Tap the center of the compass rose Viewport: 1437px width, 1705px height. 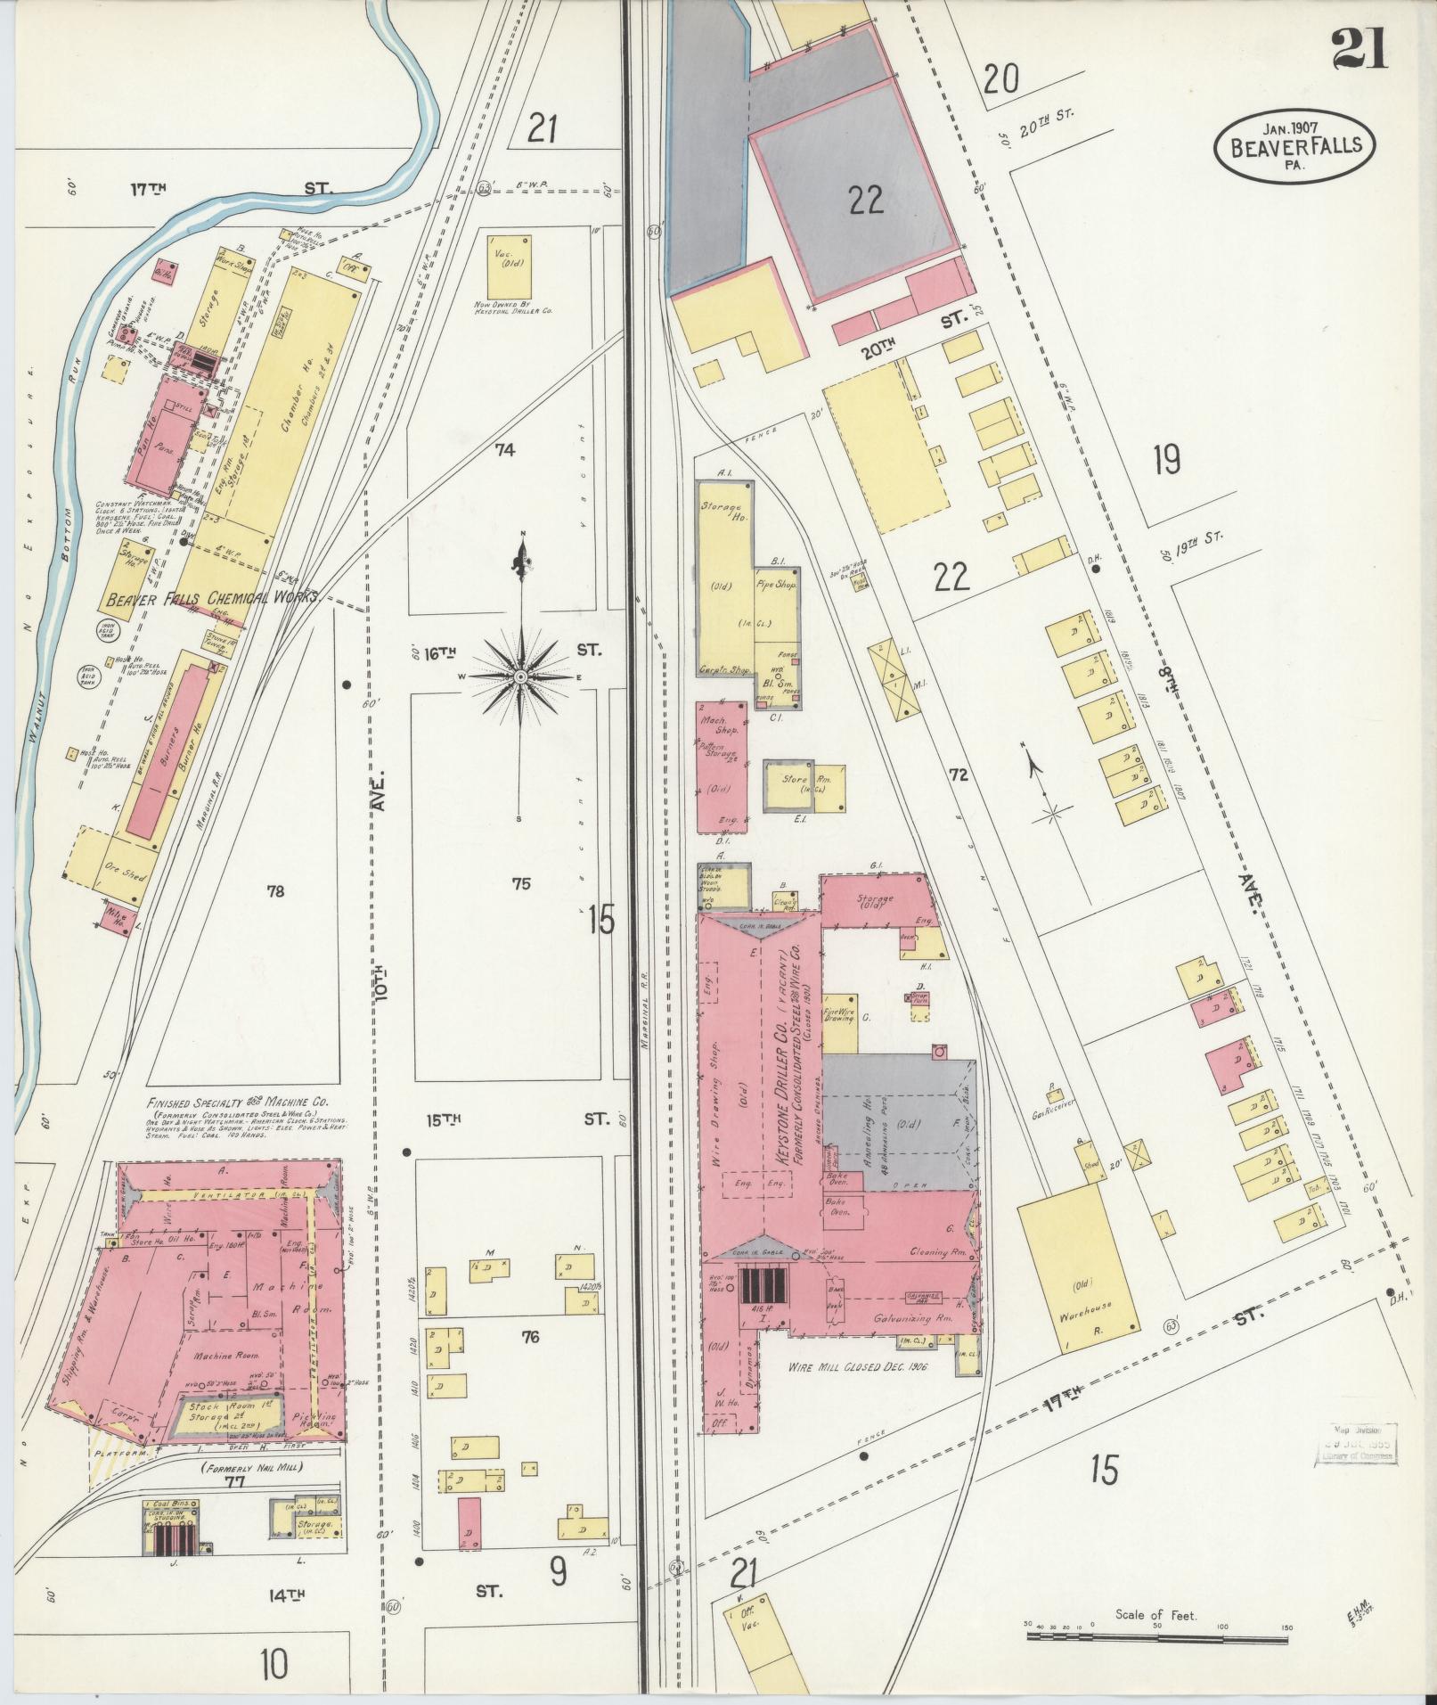(x=519, y=678)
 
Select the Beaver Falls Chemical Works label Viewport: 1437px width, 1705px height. (x=211, y=600)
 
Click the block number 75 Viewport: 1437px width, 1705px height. (x=521, y=883)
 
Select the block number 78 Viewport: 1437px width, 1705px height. (x=275, y=890)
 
